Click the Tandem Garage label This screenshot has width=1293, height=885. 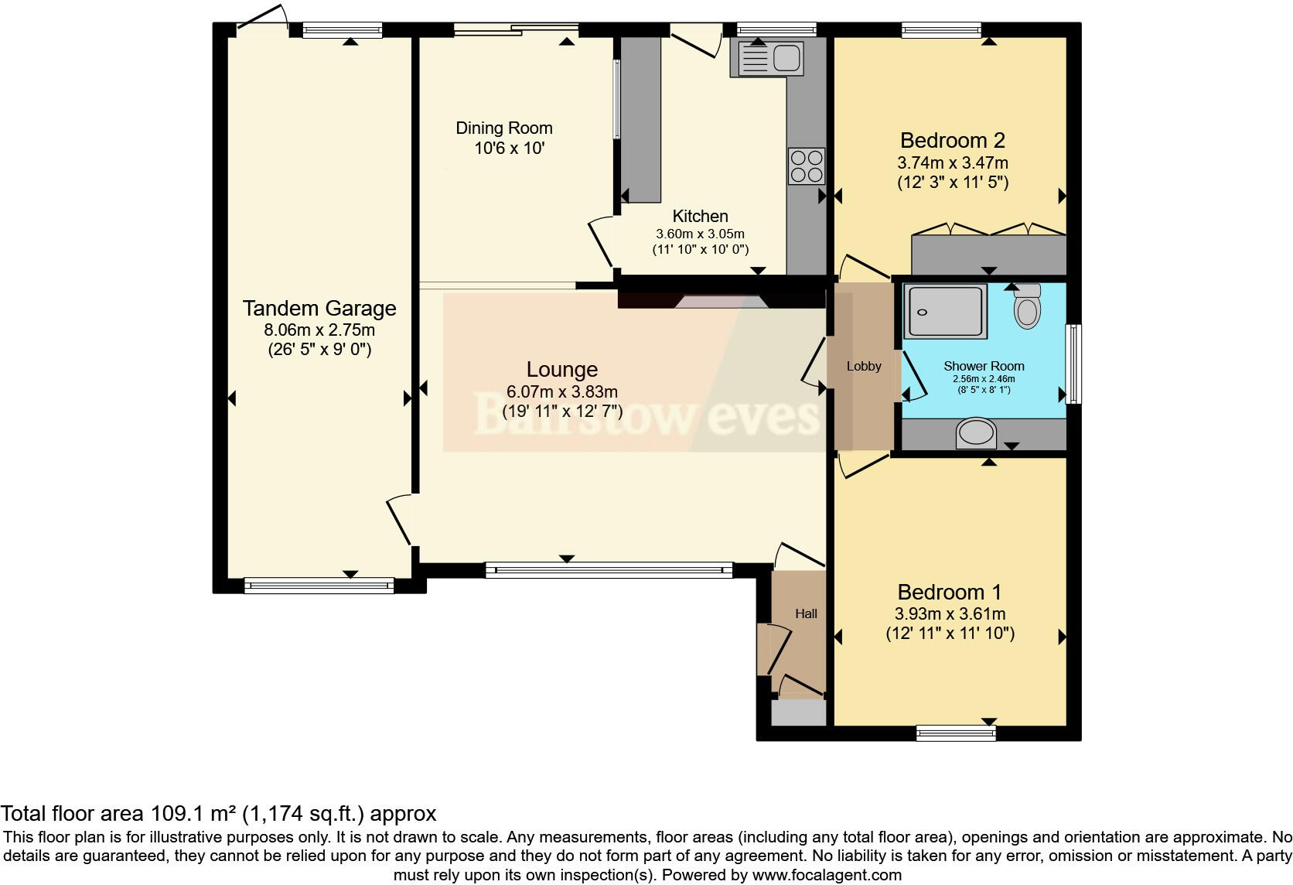[x=319, y=309]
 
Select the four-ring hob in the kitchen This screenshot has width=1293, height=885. [x=806, y=166]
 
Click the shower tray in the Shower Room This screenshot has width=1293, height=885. [x=945, y=312]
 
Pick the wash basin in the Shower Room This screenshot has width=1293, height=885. [x=977, y=433]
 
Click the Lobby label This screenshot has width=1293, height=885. [x=863, y=366]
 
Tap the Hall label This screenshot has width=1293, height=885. [x=806, y=613]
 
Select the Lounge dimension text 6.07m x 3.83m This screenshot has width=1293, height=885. [x=562, y=392]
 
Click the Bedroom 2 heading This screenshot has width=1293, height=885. [x=952, y=141]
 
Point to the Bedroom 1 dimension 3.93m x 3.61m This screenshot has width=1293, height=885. [x=950, y=614]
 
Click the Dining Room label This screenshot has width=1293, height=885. [x=503, y=128]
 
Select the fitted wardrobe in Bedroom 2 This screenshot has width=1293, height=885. [x=988, y=253]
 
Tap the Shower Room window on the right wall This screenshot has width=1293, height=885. [x=1073, y=364]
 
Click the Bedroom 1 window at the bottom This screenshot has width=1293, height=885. [x=956, y=731]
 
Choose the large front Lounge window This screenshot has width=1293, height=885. [x=609, y=571]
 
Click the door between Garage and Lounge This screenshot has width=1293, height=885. [x=401, y=520]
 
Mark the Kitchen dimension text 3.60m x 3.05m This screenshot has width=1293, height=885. [x=700, y=234]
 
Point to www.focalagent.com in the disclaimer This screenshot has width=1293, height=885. [x=827, y=876]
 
